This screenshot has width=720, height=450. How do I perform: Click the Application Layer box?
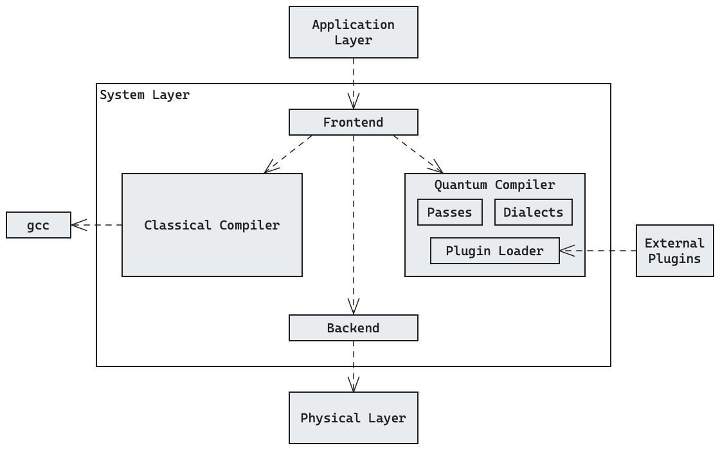tap(353, 32)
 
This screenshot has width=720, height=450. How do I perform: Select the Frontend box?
tap(353, 122)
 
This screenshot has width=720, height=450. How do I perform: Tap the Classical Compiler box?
tap(212, 225)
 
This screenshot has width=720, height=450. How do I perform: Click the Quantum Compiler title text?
tap(494, 185)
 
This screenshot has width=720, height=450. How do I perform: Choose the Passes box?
tap(449, 212)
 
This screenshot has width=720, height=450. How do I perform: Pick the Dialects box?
tap(533, 212)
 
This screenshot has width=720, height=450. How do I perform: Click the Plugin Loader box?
tap(494, 251)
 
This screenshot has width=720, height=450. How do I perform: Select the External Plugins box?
tap(674, 251)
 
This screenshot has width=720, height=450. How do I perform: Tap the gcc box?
tap(39, 225)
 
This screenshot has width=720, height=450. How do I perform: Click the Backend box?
tap(353, 328)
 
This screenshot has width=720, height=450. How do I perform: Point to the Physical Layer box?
tap(353, 418)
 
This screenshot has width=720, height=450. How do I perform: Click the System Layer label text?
tap(145, 95)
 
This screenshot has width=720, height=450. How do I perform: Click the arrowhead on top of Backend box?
tap(353, 307)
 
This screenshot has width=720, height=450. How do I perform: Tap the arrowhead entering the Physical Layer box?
tap(353, 384)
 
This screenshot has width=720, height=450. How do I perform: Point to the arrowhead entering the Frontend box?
tap(353, 102)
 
